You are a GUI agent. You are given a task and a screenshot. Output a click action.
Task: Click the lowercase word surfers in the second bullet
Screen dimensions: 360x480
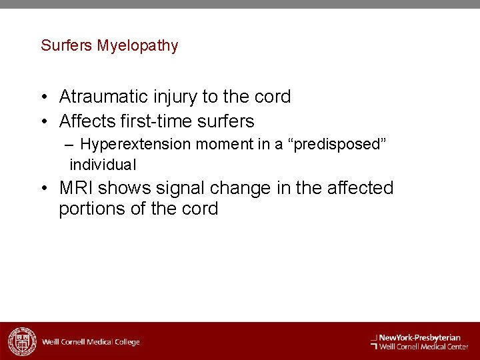pos(223,121)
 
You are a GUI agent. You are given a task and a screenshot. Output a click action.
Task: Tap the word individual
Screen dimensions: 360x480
pos(103,164)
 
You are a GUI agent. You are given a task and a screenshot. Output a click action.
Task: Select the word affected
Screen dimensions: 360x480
pos(358,188)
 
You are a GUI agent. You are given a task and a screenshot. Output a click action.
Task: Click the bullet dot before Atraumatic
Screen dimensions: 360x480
pos(43,97)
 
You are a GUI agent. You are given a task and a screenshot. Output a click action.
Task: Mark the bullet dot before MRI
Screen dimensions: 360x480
pos(43,189)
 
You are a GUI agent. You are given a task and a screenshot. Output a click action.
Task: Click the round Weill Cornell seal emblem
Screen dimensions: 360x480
pos(21,341)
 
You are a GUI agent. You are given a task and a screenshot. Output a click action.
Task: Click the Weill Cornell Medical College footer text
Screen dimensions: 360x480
pos(91,342)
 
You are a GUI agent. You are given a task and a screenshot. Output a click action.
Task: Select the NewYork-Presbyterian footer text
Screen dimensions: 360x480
pos(420,337)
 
